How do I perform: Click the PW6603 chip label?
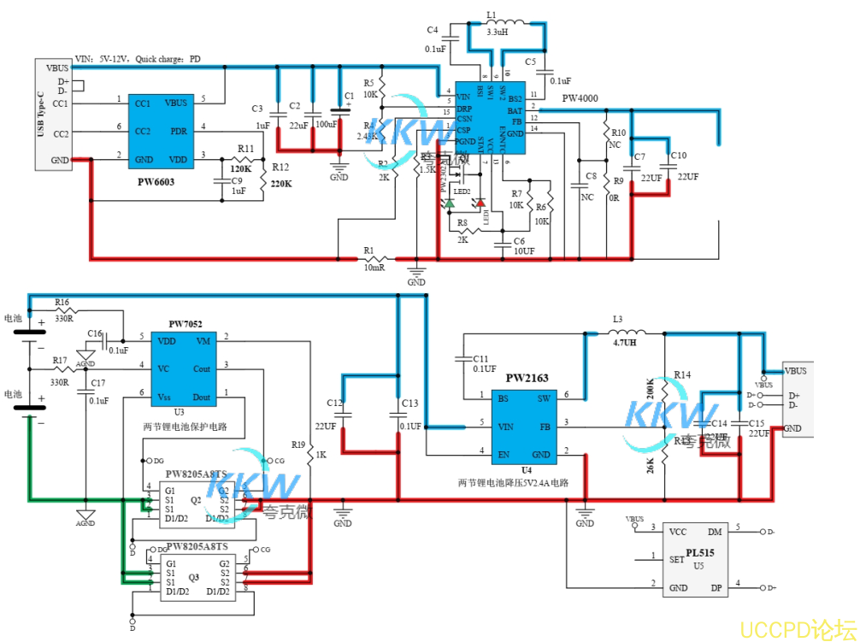coord(156,181)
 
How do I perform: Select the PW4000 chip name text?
coord(580,99)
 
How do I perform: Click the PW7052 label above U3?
coord(186,324)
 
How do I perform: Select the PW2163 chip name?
coord(527,378)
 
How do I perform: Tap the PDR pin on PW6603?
coord(178,131)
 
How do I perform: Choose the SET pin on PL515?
coord(676,560)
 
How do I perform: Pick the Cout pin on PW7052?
coord(201,368)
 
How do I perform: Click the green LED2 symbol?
coord(449,203)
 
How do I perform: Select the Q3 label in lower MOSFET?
coord(195,578)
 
